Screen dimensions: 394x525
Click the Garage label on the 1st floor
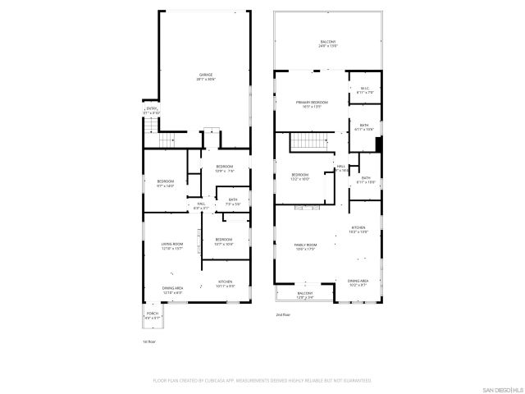pos(205,76)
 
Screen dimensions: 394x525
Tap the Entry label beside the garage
pos(152,110)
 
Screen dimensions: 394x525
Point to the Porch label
pos(153,315)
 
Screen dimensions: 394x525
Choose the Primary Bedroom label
pos(308,103)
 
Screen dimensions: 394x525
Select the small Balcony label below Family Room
pos(304,295)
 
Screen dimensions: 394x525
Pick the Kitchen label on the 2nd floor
pos(358,230)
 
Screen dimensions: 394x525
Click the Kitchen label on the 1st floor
pos(225,284)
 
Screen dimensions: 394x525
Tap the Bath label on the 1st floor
pos(233,202)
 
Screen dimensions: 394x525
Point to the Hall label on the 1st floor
pos(201,206)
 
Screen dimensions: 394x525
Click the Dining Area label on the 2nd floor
pos(358,282)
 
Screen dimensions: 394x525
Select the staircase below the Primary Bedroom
pos(311,141)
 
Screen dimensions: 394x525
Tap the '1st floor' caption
pos(148,341)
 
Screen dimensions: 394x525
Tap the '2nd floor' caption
pos(283,314)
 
